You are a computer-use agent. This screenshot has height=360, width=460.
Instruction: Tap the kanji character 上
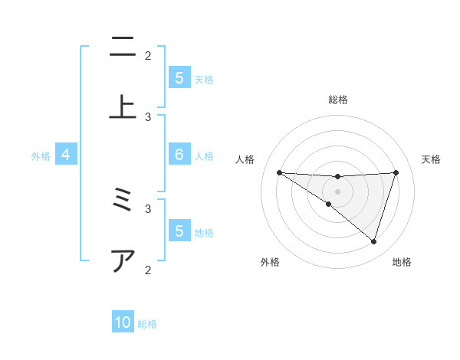coord(122,106)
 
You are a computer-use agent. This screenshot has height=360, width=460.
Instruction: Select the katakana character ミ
coord(122,201)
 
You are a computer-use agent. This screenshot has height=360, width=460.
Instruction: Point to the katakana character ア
coord(122,261)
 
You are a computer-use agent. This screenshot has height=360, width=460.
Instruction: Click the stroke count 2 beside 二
coord(148,55)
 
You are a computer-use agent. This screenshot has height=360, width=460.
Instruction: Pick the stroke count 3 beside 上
coord(148,116)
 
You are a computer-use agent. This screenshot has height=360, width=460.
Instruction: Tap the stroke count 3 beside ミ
coord(148,207)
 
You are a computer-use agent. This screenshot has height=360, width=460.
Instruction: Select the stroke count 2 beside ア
coord(148,269)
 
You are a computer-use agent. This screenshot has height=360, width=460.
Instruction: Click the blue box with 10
coord(123,322)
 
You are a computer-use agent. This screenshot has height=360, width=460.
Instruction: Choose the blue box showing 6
coord(179,155)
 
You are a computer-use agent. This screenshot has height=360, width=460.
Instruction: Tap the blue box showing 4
coord(66,155)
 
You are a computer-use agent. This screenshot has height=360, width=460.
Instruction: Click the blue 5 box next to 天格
coord(179,77)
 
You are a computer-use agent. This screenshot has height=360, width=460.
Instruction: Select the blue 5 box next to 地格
coord(179,231)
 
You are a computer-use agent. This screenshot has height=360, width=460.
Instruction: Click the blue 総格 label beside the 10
coord(147,323)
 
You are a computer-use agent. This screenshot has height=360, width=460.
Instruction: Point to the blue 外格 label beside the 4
coord(41,155)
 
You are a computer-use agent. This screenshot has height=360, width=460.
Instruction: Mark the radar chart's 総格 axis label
coord(337,100)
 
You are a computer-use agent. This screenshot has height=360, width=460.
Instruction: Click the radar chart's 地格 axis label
coord(402,262)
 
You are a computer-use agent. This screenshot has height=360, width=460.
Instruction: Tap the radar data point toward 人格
coord(279,172)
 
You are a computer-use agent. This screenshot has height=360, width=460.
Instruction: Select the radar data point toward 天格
coord(396,172)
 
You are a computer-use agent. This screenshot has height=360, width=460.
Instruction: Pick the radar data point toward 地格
coord(373,241)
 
